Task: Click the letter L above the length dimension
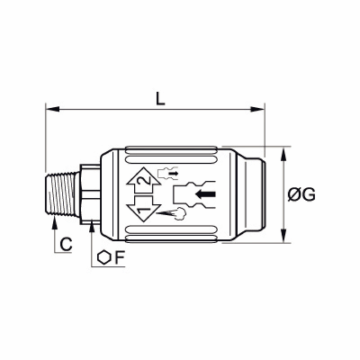click(160, 99)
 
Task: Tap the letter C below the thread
click(66, 244)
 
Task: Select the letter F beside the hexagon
click(119, 257)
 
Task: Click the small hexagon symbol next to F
click(103, 257)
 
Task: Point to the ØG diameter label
click(301, 195)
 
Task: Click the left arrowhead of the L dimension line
click(53, 109)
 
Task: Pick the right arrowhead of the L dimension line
click(257, 109)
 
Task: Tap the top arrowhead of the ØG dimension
click(283, 154)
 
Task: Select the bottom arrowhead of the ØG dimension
click(283, 236)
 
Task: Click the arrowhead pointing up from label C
click(54, 223)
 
